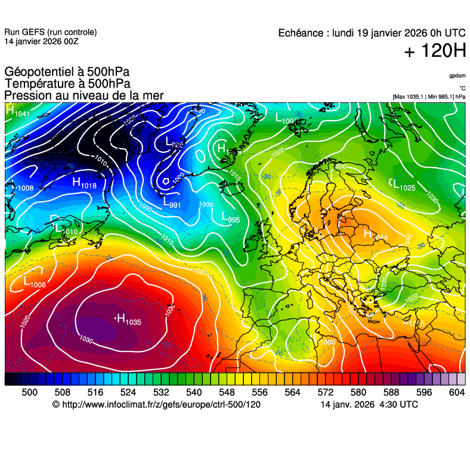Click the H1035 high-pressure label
(128, 321)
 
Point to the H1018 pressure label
(84, 183)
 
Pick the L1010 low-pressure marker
(66, 229)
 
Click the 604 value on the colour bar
(457, 392)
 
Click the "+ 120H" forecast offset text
(435, 51)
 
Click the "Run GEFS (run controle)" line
(50, 32)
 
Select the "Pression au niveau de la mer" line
(84, 96)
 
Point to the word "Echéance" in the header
(301, 33)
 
